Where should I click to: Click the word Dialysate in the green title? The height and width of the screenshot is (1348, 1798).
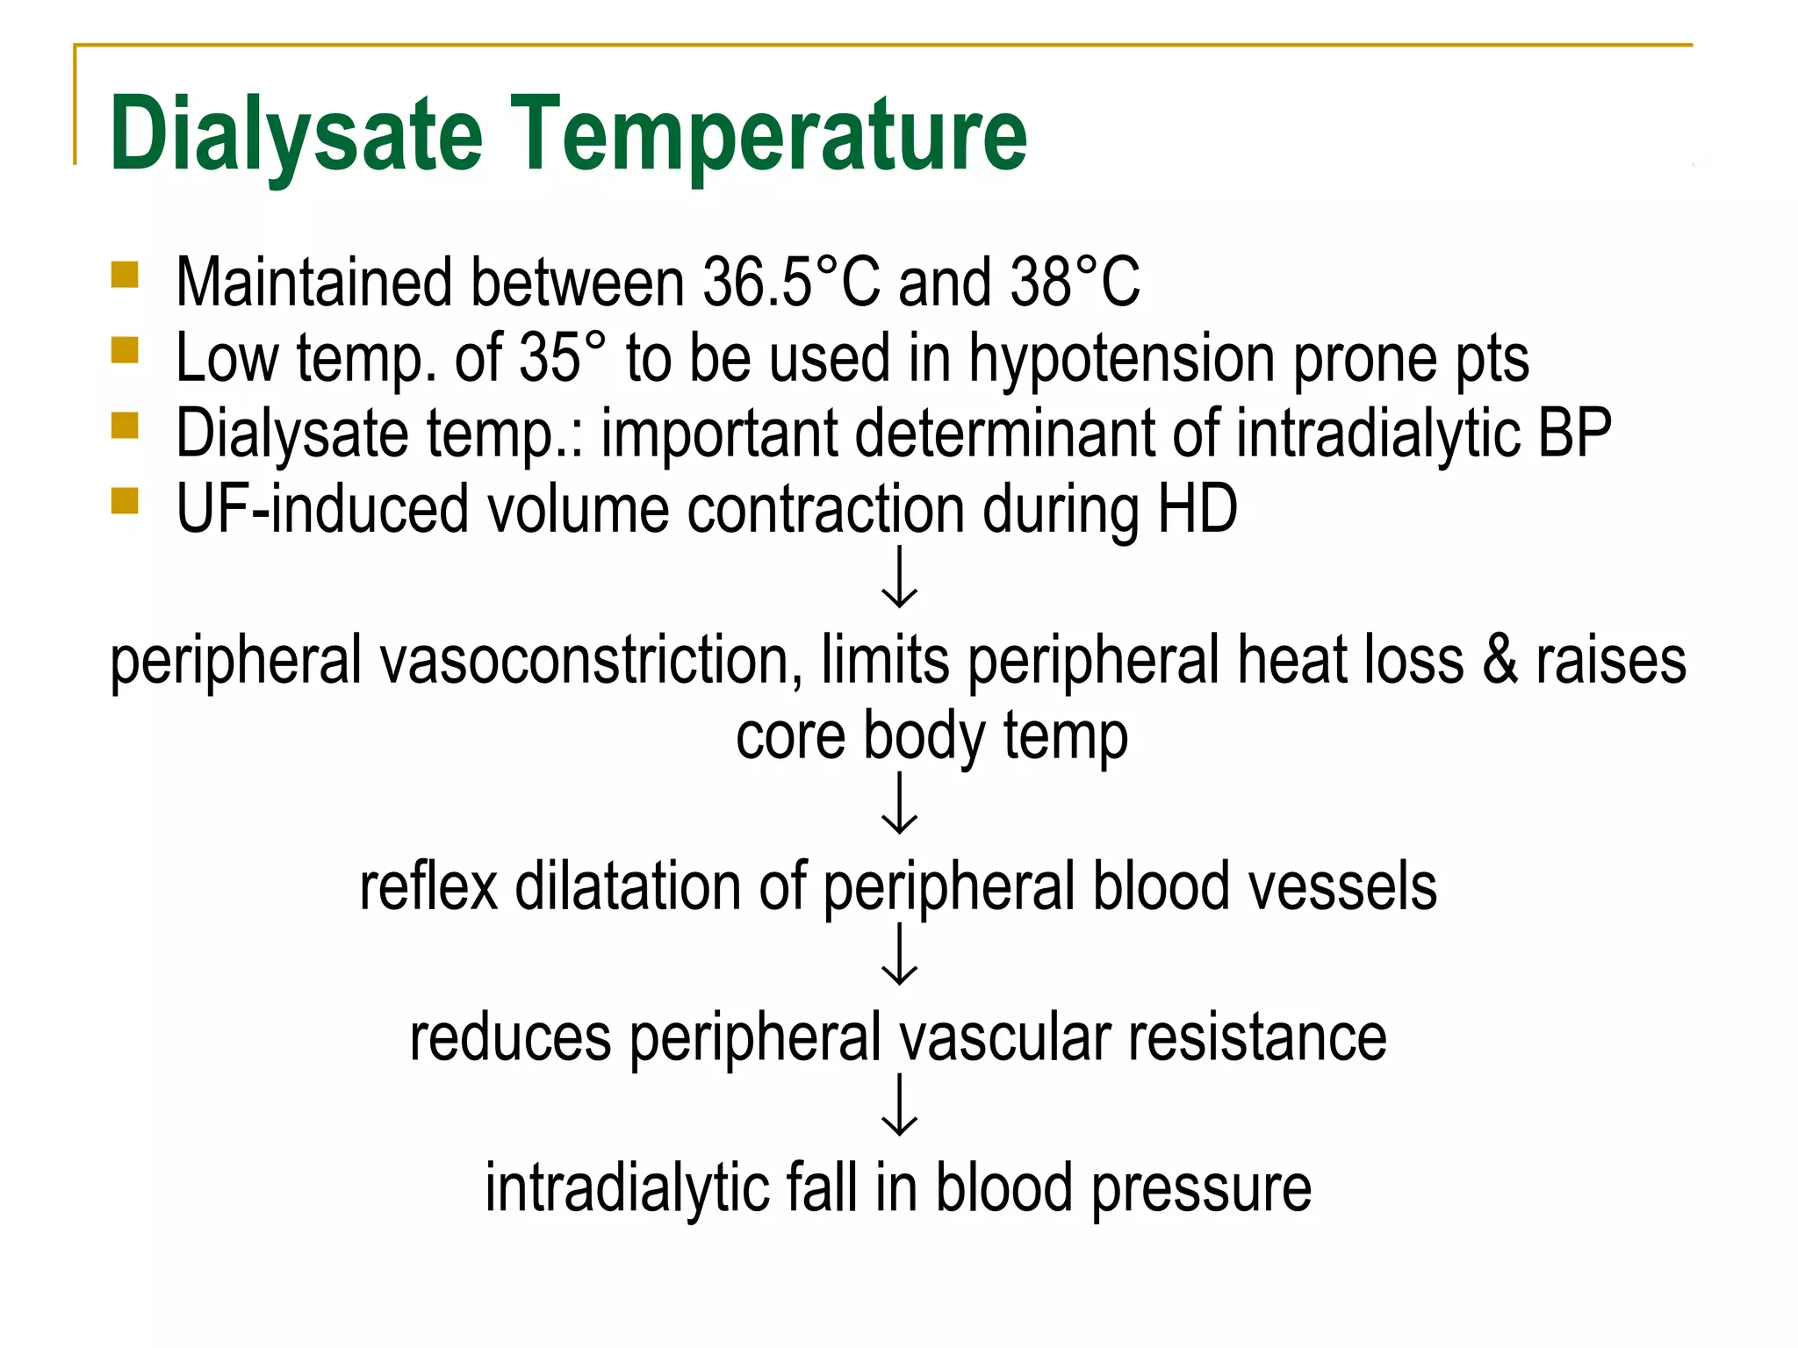[x=296, y=133]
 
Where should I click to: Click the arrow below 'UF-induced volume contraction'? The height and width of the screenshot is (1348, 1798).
[x=899, y=577]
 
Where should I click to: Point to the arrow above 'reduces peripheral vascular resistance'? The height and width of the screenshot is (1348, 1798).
[x=899, y=954]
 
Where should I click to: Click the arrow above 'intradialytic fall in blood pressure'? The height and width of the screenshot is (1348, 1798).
[x=899, y=1105]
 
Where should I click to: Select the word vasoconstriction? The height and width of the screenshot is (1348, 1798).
[x=587, y=660]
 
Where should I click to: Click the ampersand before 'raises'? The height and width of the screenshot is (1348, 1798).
[x=1499, y=660]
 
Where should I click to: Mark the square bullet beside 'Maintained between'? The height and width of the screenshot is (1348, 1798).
[x=125, y=276]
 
